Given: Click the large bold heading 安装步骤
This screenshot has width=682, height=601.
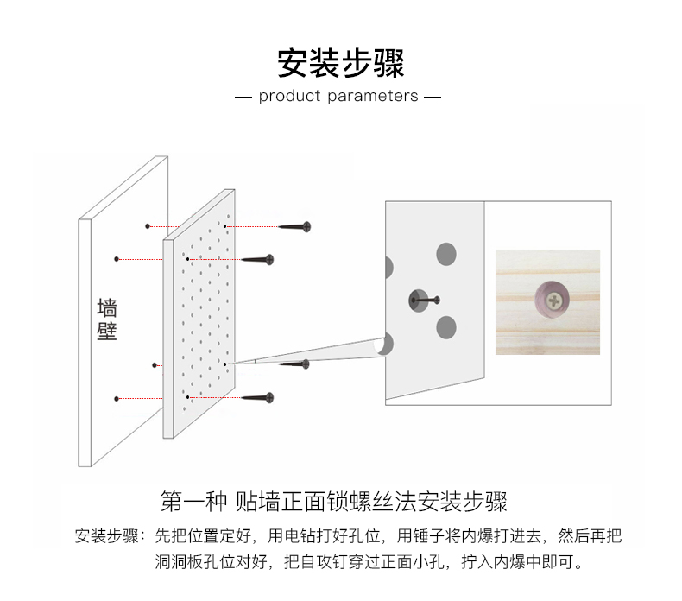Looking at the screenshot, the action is tap(340, 62).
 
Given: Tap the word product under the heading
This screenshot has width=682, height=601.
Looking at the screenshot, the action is tap(290, 96).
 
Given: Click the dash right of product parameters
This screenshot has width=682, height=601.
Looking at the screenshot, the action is tap(433, 96).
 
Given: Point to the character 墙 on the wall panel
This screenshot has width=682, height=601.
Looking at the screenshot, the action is tap(107, 308).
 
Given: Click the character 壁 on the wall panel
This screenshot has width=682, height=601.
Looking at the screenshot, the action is tap(107, 332).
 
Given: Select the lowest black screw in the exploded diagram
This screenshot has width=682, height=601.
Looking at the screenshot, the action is tap(258, 398).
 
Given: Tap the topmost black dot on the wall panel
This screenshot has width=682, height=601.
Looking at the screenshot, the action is tap(148, 226).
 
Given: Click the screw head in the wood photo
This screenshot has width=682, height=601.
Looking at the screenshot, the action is tap(552, 298).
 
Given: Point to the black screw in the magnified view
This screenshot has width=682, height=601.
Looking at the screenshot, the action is tap(422, 300).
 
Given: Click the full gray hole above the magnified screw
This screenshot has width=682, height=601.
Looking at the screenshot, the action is tap(445, 254).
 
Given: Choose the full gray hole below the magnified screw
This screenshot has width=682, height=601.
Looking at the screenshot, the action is tap(445, 326).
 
